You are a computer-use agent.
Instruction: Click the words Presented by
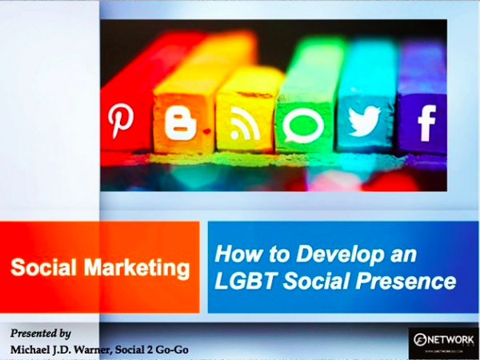[41, 332]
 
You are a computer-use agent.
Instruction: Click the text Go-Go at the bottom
[170, 349]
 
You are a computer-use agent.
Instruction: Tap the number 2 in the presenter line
[149, 349]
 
